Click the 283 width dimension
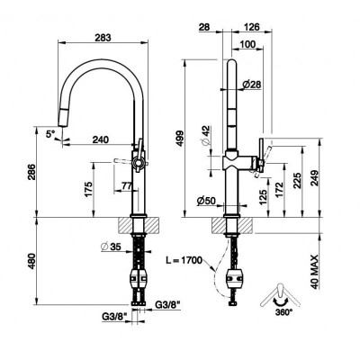[103, 38]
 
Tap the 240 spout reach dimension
[101, 139]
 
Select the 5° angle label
[50, 134]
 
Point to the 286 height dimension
[31, 172]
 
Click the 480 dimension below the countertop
[31, 261]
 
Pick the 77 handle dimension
[127, 186]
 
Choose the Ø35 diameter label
[111, 247]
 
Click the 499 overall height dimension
[179, 139]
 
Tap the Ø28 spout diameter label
[251, 85]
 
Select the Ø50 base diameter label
[206, 201]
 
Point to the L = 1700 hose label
[184, 260]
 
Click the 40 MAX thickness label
[314, 272]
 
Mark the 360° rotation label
[283, 312]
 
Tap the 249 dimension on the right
[314, 178]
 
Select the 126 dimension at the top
[250, 27]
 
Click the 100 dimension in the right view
[248, 44]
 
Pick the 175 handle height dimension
[88, 189]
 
